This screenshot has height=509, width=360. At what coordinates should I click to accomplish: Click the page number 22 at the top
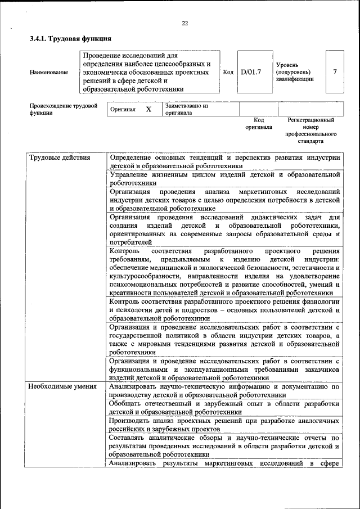click(x=185, y=23)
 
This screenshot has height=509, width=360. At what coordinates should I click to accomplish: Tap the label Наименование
click(x=49, y=72)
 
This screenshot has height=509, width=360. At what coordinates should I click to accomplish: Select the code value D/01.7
click(x=251, y=72)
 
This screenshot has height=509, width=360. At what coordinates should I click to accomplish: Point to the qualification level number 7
click(x=335, y=72)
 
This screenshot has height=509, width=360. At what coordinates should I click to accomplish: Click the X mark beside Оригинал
click(x=148, y=109)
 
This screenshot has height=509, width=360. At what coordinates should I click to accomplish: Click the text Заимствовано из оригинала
click(x=186, y=109)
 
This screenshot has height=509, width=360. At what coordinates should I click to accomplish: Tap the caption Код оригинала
click(x=259, y=123)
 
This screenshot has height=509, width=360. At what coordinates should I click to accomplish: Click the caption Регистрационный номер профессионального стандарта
click(x=310, y=130)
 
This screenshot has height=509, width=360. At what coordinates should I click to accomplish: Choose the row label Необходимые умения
click(x=63, y=387)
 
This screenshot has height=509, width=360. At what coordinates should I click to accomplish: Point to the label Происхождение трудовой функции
click(x=63, y=109)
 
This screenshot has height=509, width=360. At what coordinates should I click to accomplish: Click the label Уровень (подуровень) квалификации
click(x=295, y=72)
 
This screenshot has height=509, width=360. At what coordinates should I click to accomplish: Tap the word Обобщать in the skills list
click(x=128, y=404)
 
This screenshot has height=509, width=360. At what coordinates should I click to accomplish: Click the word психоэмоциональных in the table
click(x=147, y=285)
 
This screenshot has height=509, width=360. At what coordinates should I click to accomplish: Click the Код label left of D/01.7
click(x=228, y=72)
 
